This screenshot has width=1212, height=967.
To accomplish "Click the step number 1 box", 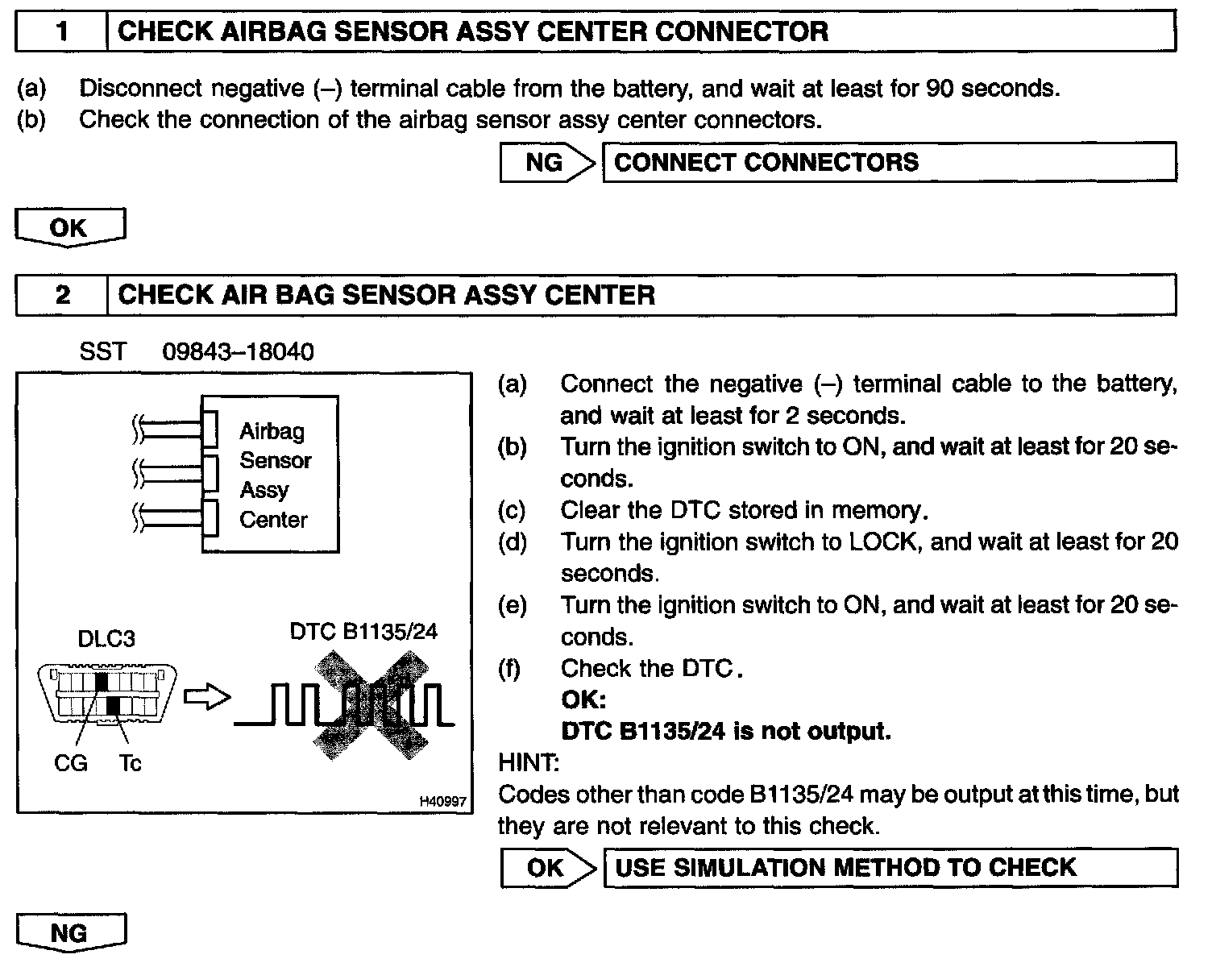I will click(x=62, y=32).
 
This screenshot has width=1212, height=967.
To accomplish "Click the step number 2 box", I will click(x=62, y=295).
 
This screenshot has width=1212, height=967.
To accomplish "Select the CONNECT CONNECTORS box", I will click(x=888, y=162).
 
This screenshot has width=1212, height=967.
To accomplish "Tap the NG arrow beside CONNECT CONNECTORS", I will click(x=546, y=162).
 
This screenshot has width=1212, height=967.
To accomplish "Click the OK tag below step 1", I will click(x=69, y=227).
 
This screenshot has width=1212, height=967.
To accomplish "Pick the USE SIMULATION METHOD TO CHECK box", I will click(x=890, y=867).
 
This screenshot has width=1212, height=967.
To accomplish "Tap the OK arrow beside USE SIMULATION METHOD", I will click(x=546, y=867).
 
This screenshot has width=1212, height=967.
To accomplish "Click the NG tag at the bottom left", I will click(x=69, y=932).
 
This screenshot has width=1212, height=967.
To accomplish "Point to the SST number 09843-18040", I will click(x=238, y=352).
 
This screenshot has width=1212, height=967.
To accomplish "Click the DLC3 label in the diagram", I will click(x=106, y=639).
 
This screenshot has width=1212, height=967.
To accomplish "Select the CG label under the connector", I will click(x=70, y=762).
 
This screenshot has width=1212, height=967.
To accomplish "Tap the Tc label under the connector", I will click(x=130, y=762).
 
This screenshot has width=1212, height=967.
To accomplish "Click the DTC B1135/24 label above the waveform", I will click(x=363, y=631).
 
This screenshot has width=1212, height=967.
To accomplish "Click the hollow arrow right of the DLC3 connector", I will click(x=206, y=697).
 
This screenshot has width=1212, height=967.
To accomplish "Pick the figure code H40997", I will click(x=442, y=801).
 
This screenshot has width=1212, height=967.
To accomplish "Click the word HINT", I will click(x=529, y=762).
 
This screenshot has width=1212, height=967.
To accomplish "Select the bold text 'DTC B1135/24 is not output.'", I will click(x=725, y=731).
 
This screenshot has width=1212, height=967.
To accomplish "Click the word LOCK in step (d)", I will click(x=883, y=542).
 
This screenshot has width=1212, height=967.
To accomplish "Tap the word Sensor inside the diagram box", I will click(x=275, y=460).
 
